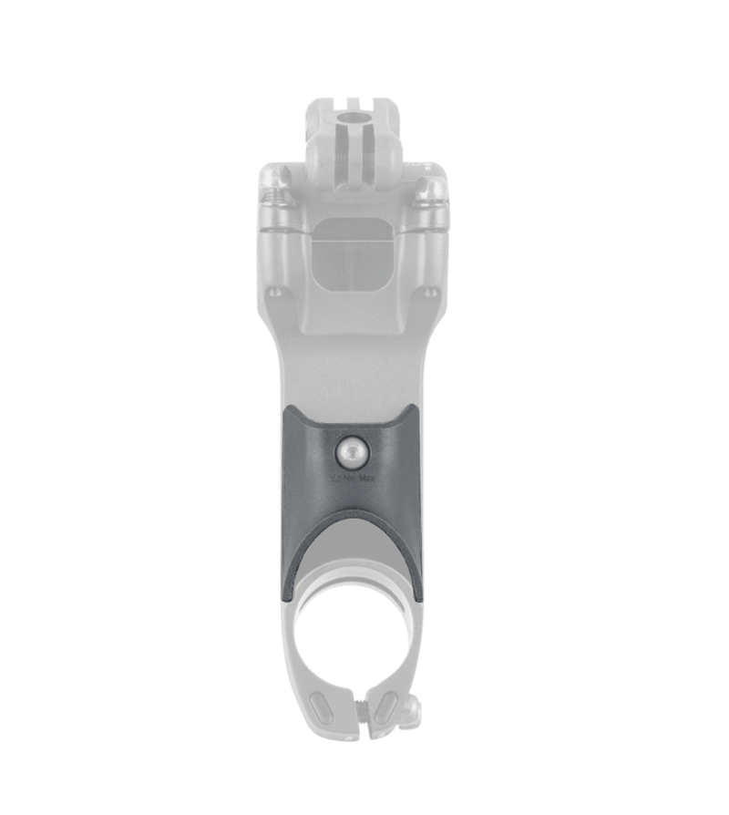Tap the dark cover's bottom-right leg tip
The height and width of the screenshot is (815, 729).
[x=420, y=598]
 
